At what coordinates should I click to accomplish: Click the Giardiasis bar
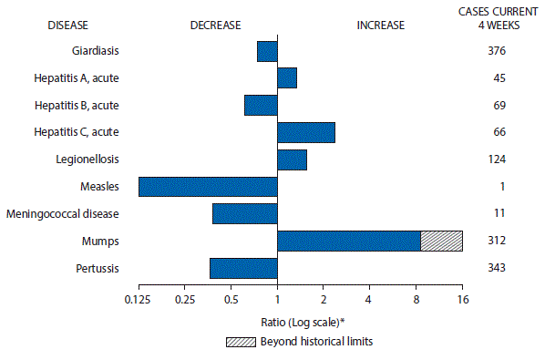[267, 51]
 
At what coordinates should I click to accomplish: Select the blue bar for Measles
[208, 187]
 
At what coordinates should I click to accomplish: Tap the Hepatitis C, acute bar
[306, 132]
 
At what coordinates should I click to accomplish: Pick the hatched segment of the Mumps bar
[442, 241]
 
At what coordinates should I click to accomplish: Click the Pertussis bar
[243, 268]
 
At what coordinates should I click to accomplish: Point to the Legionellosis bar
[292, 159]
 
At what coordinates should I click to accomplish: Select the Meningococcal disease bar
[244, 213]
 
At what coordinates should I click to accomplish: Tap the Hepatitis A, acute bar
[287, 78]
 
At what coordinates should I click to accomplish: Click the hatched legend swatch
[242, 342]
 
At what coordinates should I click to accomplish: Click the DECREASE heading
[215, 25]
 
